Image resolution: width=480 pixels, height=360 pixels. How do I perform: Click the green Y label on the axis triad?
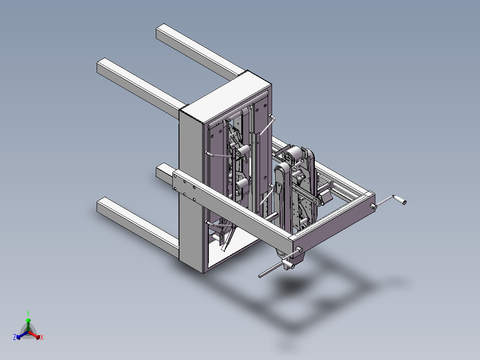(x=28, y=313)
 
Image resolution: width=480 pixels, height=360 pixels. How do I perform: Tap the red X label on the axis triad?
(x=42, y=338)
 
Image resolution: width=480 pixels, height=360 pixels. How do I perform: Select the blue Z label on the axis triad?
(x=15, y=338)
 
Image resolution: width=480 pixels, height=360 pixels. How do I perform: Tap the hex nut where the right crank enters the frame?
(x=373, y=206)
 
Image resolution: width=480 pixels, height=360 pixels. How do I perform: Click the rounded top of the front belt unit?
(x=282, y=170)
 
